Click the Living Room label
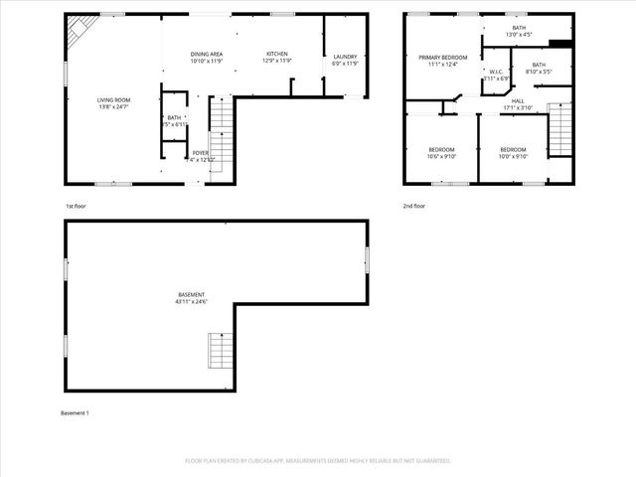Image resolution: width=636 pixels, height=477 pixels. point(113,99)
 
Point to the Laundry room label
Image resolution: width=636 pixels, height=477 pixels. point(345,57)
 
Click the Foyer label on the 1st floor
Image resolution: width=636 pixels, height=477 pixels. point(201,153)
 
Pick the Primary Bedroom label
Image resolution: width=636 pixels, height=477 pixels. point(442,58)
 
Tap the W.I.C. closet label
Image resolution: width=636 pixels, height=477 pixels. point(496,72)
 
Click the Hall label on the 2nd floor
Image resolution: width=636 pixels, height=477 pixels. point(518,100)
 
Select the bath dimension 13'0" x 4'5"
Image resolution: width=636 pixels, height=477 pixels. point(519,35)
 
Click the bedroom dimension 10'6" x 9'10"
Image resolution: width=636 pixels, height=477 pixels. point(440,155)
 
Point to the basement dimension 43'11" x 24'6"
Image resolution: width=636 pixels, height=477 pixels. point(191,302)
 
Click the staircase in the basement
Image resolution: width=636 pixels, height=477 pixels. point(219,351)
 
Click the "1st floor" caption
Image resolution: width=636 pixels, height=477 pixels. point(76,206)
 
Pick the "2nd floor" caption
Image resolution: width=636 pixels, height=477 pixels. point(413,206)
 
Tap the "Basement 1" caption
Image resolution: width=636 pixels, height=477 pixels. point(75,412)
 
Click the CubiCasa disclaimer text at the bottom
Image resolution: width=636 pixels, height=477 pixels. point(318,461)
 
